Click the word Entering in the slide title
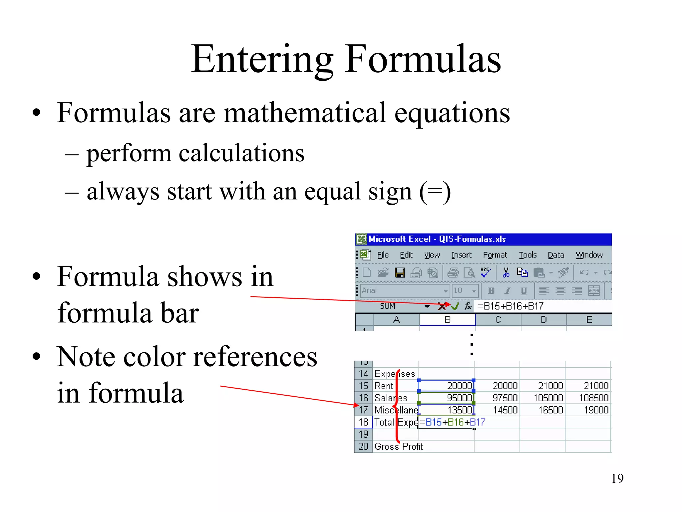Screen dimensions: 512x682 click(x=262, y=60)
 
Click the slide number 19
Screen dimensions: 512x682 click(x=617, y=479)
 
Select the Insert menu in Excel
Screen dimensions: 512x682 click(x=461, y=255)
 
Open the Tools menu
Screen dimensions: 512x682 click(x=527, y=255)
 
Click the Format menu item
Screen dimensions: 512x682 click(x=495, y=255)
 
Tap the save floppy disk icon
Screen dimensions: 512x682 click(x=400, y=273)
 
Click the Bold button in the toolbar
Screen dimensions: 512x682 click(x=491, y=291)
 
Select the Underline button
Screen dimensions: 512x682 click(x=523, y=291)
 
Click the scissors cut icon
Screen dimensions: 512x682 click(x=506, y=273)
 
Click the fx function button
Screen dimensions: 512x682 click(x=468, y=306)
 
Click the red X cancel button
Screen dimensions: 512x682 click(x=442, y=306)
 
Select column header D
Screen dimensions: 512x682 click(x=543, y=320)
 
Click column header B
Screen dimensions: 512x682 click(x=447, y=320)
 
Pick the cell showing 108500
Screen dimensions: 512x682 click(x=593, y=398)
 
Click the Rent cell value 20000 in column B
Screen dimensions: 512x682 click(x=459, y=386)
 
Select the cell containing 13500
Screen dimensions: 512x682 click(x=459, y=410)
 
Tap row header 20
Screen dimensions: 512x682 click(x=363, y=446)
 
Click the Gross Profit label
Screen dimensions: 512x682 click(x=398, y=446)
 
